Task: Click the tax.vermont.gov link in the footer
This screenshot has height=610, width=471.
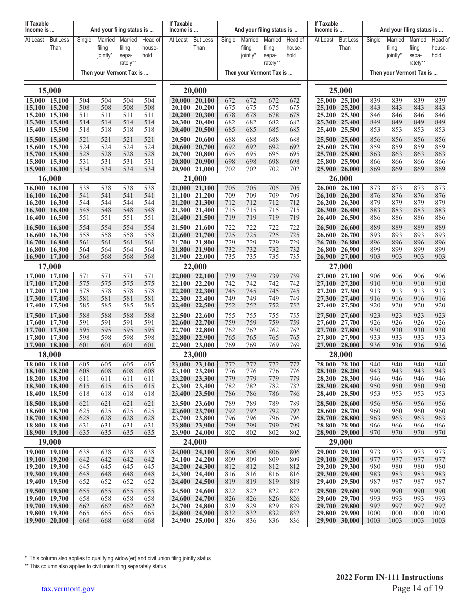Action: click(68, 589)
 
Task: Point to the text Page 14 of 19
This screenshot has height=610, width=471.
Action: click(417, 588)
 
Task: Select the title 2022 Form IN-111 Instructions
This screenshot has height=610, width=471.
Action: click(389, 577)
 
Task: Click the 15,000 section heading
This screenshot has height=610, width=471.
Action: click(50, 91)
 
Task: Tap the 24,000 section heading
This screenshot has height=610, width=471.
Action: click(195, 442)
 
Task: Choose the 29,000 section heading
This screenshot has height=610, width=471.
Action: click(341, 442)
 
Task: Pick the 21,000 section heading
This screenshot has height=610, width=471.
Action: click(195, 179)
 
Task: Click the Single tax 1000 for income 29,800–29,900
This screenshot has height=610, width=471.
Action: click(374, 513)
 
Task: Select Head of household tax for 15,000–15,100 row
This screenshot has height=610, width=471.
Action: click(149, 101)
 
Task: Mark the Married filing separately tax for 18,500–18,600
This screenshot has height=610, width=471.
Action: click(128, 404)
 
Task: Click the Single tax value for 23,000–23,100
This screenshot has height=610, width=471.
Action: click(230, 365)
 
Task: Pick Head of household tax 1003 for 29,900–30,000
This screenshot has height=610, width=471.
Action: click(438, 520)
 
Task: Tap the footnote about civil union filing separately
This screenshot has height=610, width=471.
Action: click(97, 566)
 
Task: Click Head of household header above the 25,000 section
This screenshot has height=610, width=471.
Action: click(440, 48)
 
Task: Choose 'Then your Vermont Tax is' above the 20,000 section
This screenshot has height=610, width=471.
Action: click(258, 73)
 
